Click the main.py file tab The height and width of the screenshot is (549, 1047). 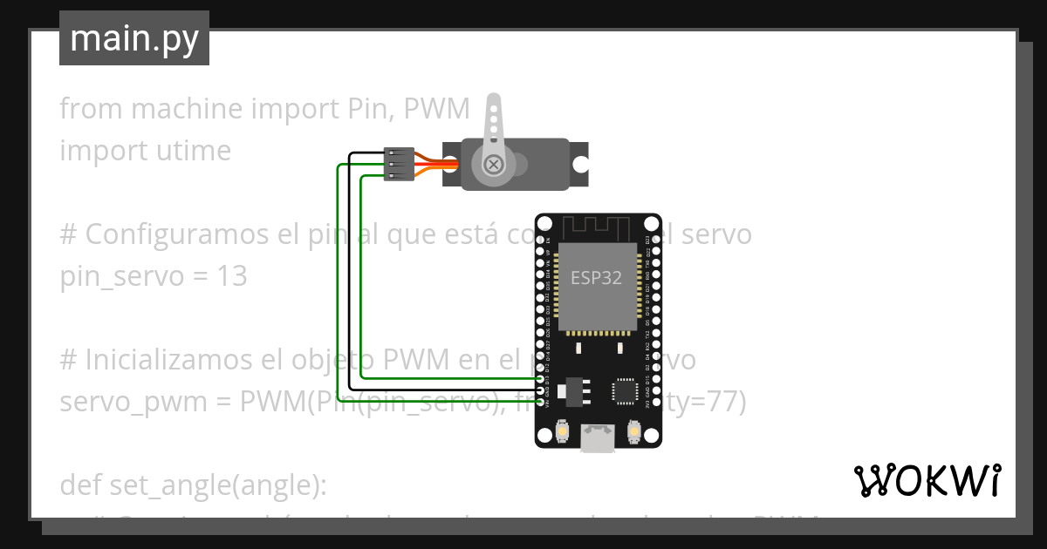click(133, 38)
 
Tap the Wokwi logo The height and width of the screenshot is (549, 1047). click(927, 480)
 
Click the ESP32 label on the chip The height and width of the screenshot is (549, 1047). click(596, 278)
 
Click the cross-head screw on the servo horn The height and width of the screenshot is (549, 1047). click(493, 164)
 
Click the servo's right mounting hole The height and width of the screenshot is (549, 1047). click(580, 164)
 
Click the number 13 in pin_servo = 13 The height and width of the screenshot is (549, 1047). click(232, 276)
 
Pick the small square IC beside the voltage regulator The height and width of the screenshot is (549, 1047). click(626, 390)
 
